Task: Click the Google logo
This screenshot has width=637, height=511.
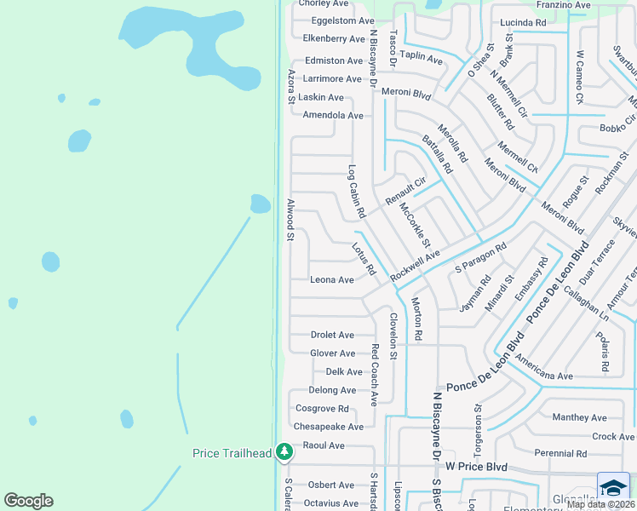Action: [x=28, y=501]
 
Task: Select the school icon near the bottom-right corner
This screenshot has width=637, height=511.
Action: [x=613, y=487]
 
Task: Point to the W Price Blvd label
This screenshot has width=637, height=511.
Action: [x=476, y=468]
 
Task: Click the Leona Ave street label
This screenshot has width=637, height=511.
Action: [x=332, y=279]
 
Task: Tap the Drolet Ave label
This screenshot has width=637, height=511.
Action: [x=332, y=336]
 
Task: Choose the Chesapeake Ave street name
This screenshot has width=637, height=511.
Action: [x=328, y=427]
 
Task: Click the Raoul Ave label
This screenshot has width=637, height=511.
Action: [x=324, y=445]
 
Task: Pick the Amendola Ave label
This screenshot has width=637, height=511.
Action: [x=333, y=115]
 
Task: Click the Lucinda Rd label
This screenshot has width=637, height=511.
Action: [x=523, y=23]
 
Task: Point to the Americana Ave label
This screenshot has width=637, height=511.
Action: [x=542, y=376]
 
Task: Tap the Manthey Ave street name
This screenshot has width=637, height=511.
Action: [x=579, y=417]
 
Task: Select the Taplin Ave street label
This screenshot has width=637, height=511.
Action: [x=422, y=60]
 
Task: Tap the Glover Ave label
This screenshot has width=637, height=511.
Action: [x=332, y=353]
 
